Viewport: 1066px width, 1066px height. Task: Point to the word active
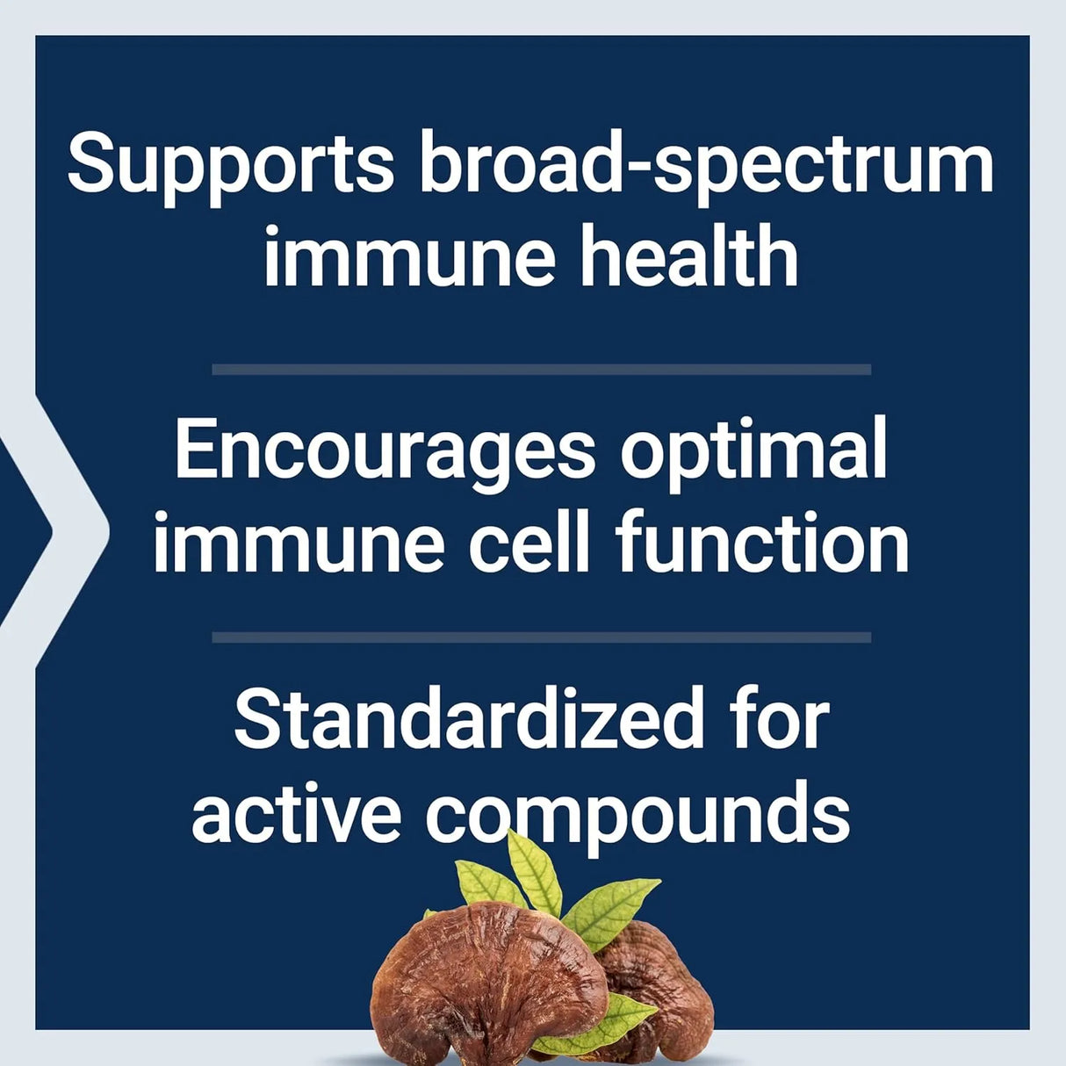tap(296, 813)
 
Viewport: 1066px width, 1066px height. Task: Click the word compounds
tap(638, 813)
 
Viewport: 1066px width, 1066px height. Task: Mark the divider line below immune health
tap(541, 370)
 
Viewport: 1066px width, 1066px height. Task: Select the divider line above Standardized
tap(541, 637)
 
